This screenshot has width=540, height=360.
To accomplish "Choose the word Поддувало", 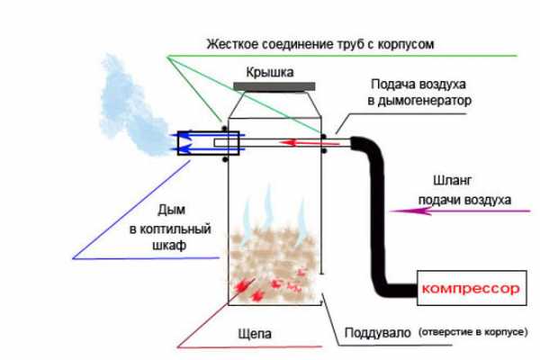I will point(377,333).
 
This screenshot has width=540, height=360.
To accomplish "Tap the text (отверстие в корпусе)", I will point(472,333).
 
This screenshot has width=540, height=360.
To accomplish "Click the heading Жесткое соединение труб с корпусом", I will point(321,42).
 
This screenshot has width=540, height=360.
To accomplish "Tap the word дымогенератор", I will point(419,102).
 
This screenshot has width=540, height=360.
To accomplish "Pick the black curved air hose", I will point(379,225).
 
